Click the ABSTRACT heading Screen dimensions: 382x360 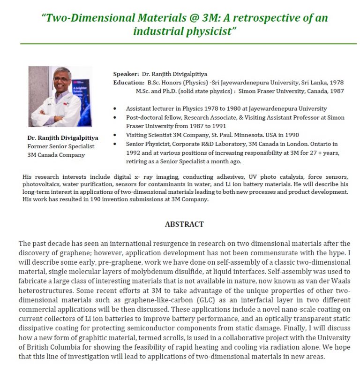[x=184, y=224]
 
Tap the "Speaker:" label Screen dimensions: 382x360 [x=126, y=74]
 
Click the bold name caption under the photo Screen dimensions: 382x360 [x=62, y=138]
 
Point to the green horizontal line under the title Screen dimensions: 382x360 [x=188, y=44]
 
